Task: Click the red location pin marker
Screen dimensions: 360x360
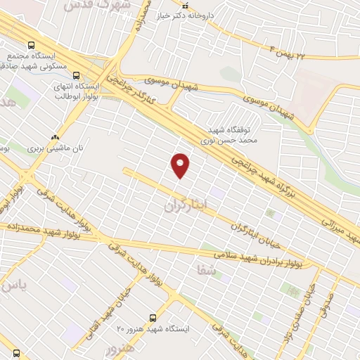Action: pos(181,165)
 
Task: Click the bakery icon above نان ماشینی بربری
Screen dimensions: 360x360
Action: pos(55,136)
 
